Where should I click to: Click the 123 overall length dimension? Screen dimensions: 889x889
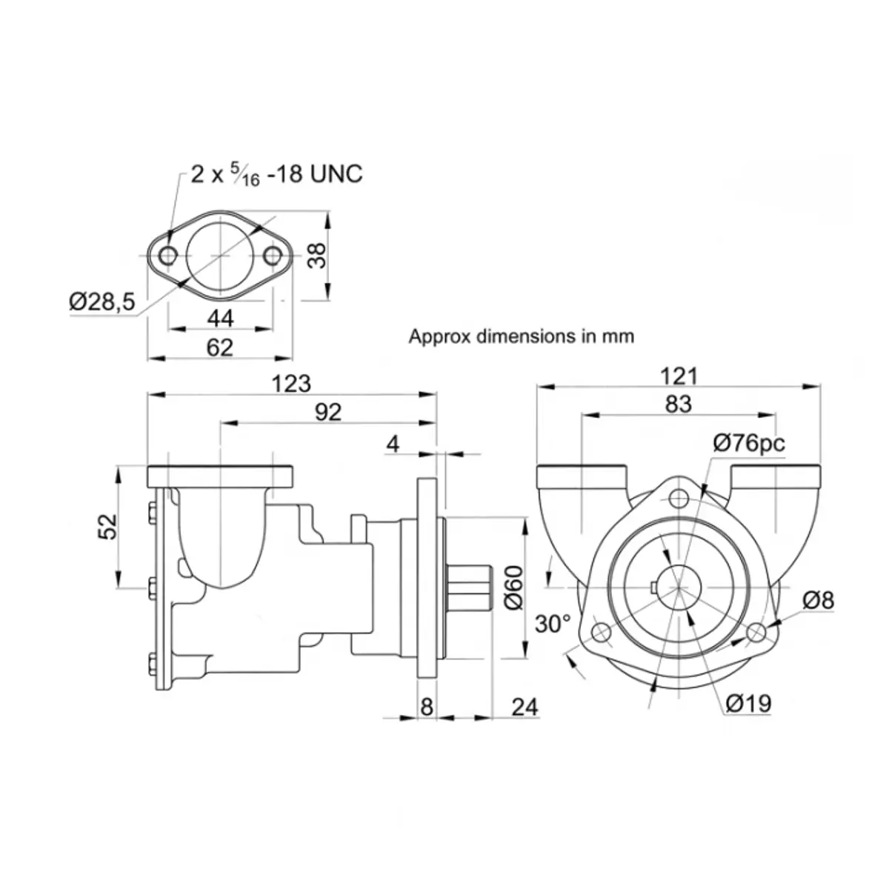click(291, 384)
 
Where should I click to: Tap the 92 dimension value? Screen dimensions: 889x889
click(328, 413)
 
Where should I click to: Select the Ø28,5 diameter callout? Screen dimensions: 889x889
click(102, 302)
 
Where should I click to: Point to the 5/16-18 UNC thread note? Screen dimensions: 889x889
click(277, 174)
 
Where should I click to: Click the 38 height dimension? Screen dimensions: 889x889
click(317, 256)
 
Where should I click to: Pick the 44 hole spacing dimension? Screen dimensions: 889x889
click(221, 319)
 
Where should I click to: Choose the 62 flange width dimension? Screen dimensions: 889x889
click(219, 347)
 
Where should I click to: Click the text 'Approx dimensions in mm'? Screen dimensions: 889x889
click(522, 336)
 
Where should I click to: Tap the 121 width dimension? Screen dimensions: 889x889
click(679, 376)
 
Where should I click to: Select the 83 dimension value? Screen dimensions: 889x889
click(679, 404)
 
